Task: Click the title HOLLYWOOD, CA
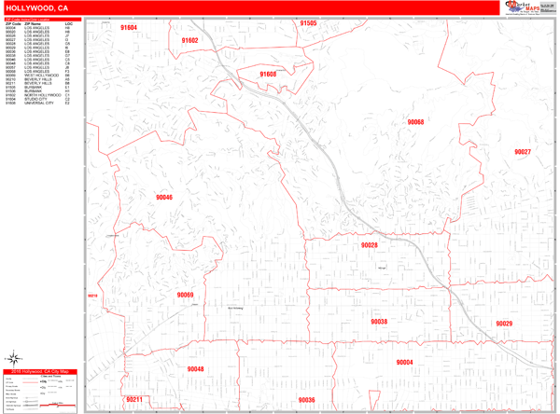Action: [x=36, y=7]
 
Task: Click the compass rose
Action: [x=15, y=356]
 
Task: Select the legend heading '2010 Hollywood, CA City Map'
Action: [x=42, y=372]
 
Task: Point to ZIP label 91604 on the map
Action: [x=129, y=28]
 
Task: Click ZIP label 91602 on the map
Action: [x=189, y=41]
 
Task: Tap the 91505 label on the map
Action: [x=308, y=23]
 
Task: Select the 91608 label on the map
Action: [x=268, y=74]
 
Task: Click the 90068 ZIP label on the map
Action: [x=415, y=122]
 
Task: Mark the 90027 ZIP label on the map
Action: [x=522, y=152]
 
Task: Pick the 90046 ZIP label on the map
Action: [x=164, y=198]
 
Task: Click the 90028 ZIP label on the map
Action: [x=369, y=244]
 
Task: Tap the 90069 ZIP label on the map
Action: [x=185, y=295]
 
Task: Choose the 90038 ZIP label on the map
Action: [x=378, y=322]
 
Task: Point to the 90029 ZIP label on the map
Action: [x=504, y=323]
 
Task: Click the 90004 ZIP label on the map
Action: [x=404, y=362]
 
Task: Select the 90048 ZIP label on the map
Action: [x=195, y=369]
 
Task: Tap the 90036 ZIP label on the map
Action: [x=306, y=400]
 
